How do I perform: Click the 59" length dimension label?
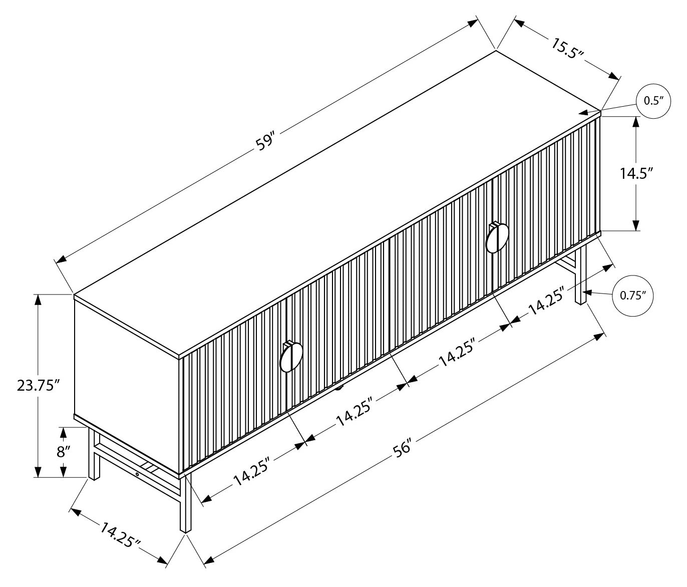tap(265, 141)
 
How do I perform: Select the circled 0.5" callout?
tap(653, 101)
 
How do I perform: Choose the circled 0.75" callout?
tap(633, 296)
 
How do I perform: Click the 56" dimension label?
tap(402, 447)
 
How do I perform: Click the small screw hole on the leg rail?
tap(137, 473)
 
